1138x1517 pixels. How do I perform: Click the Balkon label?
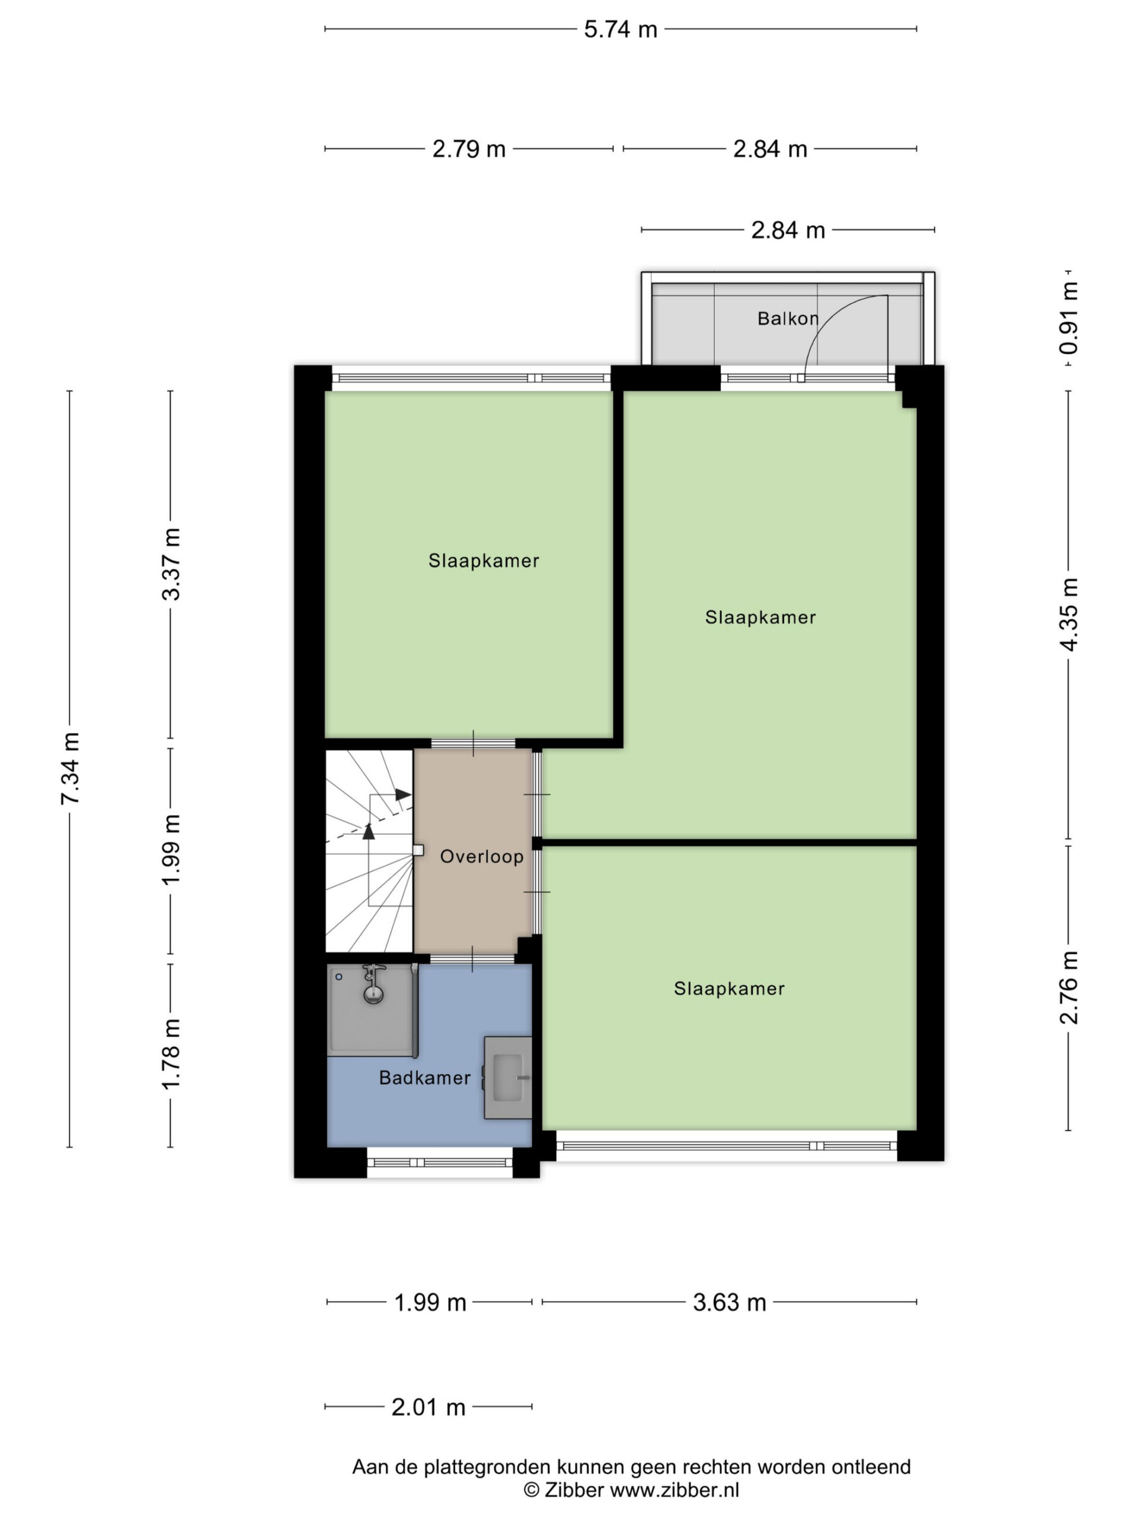pyautogui.click(x=788, y=318)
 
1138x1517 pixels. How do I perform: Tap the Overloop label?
pyautogui.click(x=481, y=856)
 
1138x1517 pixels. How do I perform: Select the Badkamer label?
pyautogui.click(x=424, y=1077)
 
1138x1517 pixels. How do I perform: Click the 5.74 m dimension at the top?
pyautogui.click(x=620, y=30)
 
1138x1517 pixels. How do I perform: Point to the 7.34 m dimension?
pyautogui.click(x=70, y=768)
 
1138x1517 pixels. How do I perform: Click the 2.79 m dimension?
pyautogui.click(x=468, y=149)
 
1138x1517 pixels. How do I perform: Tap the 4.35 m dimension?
pyautogui.click(x=1068, y=614)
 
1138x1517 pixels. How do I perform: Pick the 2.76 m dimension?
pyautogui.click(x=1068, y=988)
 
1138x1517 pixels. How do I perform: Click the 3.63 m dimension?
pyautogui.click(x=729, y=1302)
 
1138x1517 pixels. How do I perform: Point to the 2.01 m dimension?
pyautogui.click(x=428, y=1407)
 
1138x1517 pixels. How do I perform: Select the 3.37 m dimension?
pyautogui.click(x=171, y=564)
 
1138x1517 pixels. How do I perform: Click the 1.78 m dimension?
pyautogui.click(x=171, y=1054)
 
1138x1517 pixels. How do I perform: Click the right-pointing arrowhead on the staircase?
pyautogui.click(x=402, y=794)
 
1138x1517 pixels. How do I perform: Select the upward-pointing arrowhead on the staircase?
pyautogui.click(x=369, y=831)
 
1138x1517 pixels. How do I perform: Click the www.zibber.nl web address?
pyautogui.click(x=675, y=1489)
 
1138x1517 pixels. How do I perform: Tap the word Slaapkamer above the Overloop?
pyautogui.click(x=484, y=561)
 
